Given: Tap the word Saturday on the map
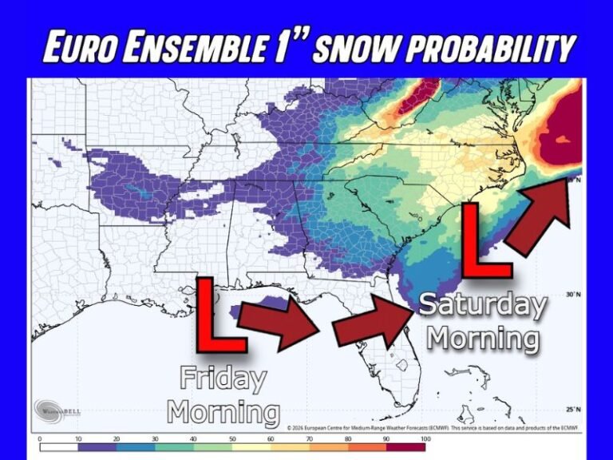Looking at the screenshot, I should (x=483, y=304).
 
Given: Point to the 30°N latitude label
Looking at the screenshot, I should (x=571, y=295).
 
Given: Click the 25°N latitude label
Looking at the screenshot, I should (x=571, y=410).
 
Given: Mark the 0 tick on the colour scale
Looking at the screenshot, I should (x=39, y=438).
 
